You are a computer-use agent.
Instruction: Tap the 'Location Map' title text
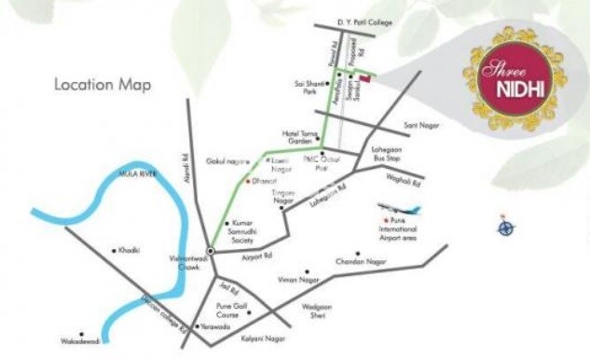click(103, 84)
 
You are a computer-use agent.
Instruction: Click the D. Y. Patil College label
click(341, 21)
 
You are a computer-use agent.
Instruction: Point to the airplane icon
click(398, 209)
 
